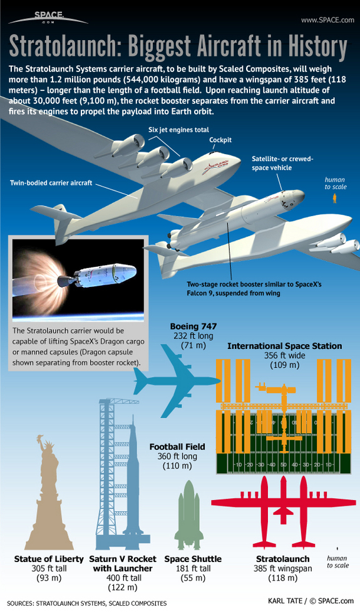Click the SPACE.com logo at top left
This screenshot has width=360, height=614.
(x=48, y=18)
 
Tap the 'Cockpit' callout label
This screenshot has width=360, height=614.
(x=220, y=140)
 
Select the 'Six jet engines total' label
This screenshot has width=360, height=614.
(x=178, y=130)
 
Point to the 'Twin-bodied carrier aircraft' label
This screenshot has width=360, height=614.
(x=51, y=182)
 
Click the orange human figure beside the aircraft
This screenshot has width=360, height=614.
(x=334, y=199)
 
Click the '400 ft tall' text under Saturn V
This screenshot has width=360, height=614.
(x=123, y=578)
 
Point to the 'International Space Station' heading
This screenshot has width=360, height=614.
(x=284, y=346)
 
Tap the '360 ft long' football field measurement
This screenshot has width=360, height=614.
(x=177, y=456)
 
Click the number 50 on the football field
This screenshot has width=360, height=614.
(x=284, y=465)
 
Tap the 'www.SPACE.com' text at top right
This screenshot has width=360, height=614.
(x=327, y=20)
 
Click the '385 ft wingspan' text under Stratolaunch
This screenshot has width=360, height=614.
(x=282, y=569)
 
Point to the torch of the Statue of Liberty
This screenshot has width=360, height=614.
(x=39, y=439)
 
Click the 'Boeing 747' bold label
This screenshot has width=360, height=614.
(x=193, y=326)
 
